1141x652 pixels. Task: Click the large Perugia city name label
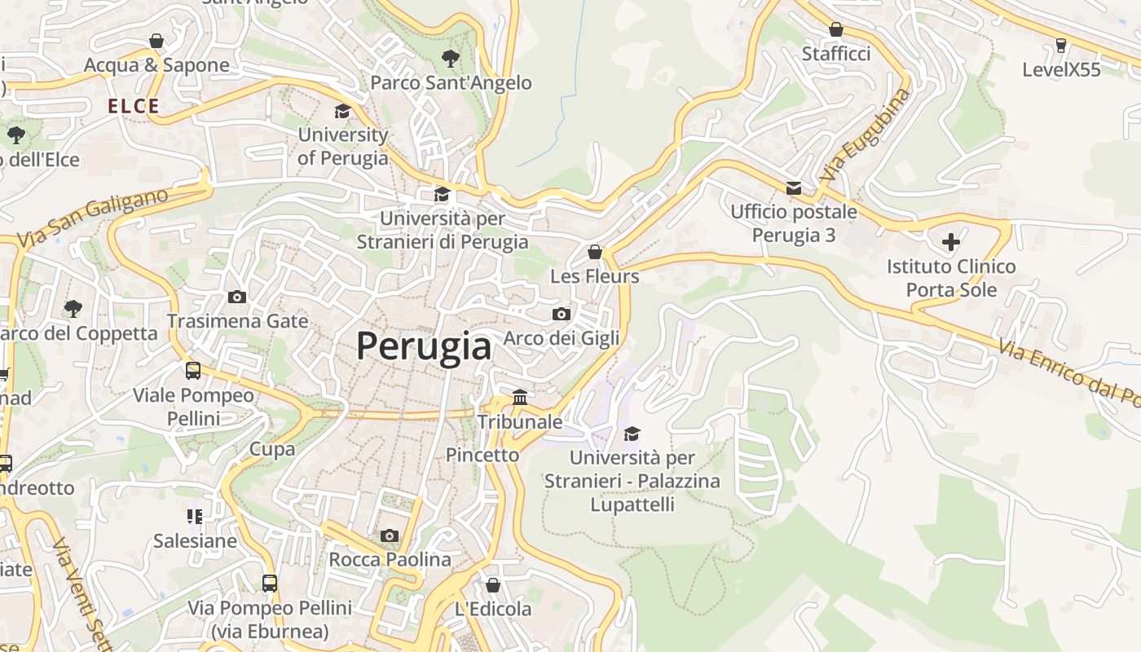tap(424, 346)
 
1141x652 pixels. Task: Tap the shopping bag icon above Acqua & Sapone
tap(156, 41)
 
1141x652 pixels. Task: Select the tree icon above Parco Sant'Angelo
tap(450, 59)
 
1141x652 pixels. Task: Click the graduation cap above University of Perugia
tap(342, 112)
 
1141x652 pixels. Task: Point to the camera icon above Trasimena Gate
tap(237, 297)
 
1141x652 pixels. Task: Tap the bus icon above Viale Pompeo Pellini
tap(193, 371)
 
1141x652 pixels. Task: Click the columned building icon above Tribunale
tap(520, 397)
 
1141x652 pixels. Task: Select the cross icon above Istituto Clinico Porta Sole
tap(951, 242)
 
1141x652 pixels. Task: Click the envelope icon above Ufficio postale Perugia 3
tap(793, 188)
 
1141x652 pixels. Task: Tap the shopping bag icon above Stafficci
tap(836, 30)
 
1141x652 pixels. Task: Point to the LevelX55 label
tap(1061, 69)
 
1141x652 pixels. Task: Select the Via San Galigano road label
tap(92, 218)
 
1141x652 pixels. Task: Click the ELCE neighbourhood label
tap(134, 106)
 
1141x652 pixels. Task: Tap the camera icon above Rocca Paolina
tap(390, 535)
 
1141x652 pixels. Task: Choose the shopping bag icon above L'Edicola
tap(492, 585)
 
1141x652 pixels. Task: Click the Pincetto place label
tap(482, 455)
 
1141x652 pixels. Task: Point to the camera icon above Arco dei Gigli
tap(561, 314)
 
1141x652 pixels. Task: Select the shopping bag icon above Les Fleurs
tap(595, 252)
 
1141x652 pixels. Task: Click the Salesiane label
tap(196, 540)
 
